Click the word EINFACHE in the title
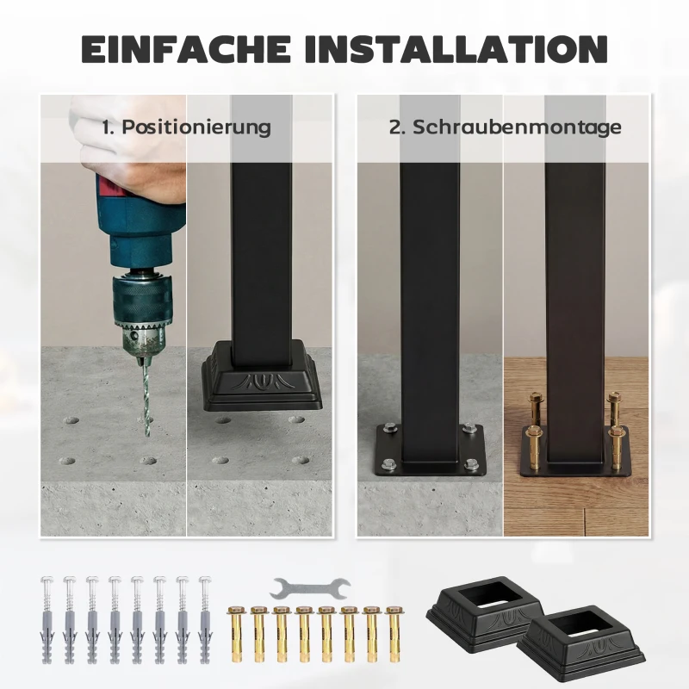point(186,48)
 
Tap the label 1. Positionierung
point(186,127)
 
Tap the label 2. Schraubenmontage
point(505,127)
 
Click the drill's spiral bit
point(146,397)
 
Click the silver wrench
point(310,588)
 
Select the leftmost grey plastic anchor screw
point(47,619)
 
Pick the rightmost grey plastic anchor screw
point(206,619)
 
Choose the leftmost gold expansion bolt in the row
point(234,634)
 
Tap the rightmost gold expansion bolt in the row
point(394,634)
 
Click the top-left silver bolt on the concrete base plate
point(388,428)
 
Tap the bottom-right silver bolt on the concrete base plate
point(471,463)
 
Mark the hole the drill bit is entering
point(146,421)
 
